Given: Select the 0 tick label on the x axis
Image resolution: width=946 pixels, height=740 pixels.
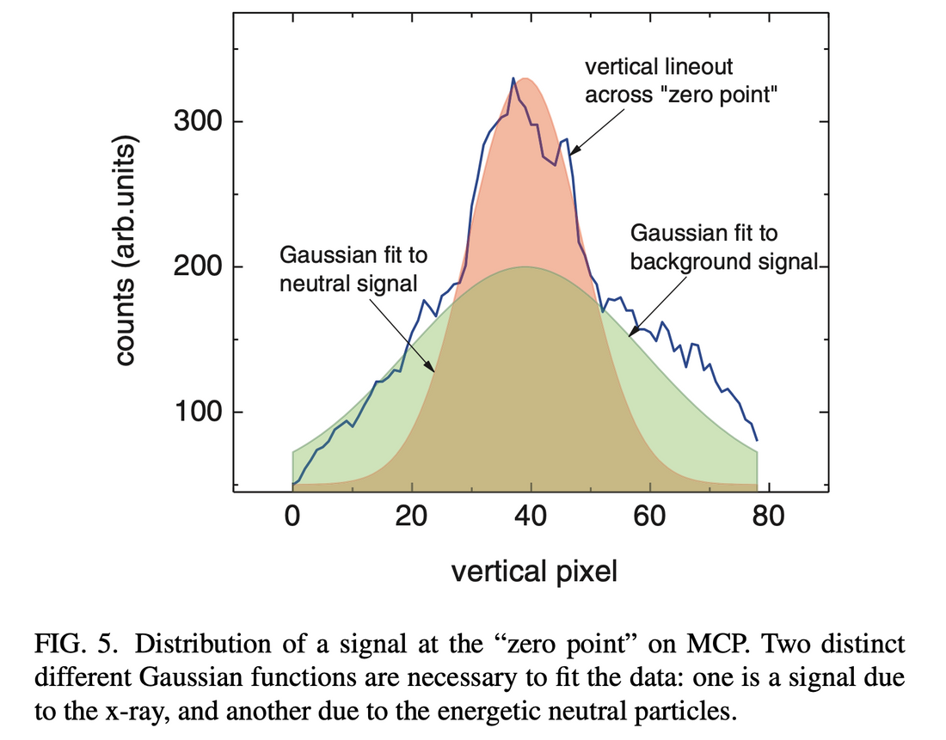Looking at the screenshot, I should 292,519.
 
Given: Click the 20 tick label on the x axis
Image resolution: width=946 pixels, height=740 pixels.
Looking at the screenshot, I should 412,519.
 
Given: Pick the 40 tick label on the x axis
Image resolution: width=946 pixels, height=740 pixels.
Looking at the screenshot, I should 531,519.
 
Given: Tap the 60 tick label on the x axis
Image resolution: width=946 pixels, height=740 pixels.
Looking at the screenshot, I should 649,519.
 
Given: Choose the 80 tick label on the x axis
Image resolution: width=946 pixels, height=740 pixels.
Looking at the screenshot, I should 768,519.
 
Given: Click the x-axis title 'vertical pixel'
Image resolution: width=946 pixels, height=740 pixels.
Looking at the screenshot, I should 534,571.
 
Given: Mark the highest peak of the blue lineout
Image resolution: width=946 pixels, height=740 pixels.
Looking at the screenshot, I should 513,78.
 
